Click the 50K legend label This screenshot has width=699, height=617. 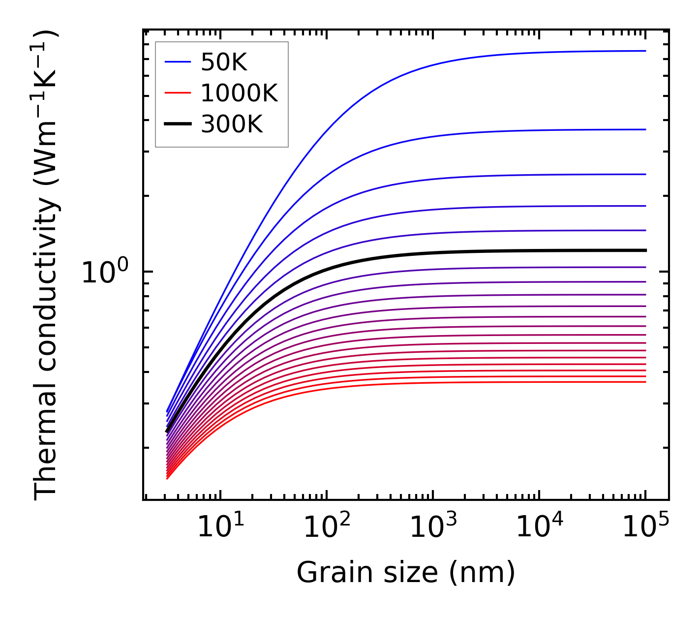coord(224,62)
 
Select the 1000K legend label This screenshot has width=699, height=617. coord(239,93)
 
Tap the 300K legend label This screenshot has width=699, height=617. coord(232,124)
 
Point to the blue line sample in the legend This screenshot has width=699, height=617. coord(178,62)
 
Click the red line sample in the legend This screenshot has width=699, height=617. coord(178,93)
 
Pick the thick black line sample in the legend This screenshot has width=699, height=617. coord(178,124)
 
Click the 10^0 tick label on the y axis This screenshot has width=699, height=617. coord(105,272)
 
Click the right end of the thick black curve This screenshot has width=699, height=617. coord(645,250)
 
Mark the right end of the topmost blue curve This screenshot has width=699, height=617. coord(645,51)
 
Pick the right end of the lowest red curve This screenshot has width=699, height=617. coord(645,382)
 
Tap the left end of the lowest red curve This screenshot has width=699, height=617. coord(167,478)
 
